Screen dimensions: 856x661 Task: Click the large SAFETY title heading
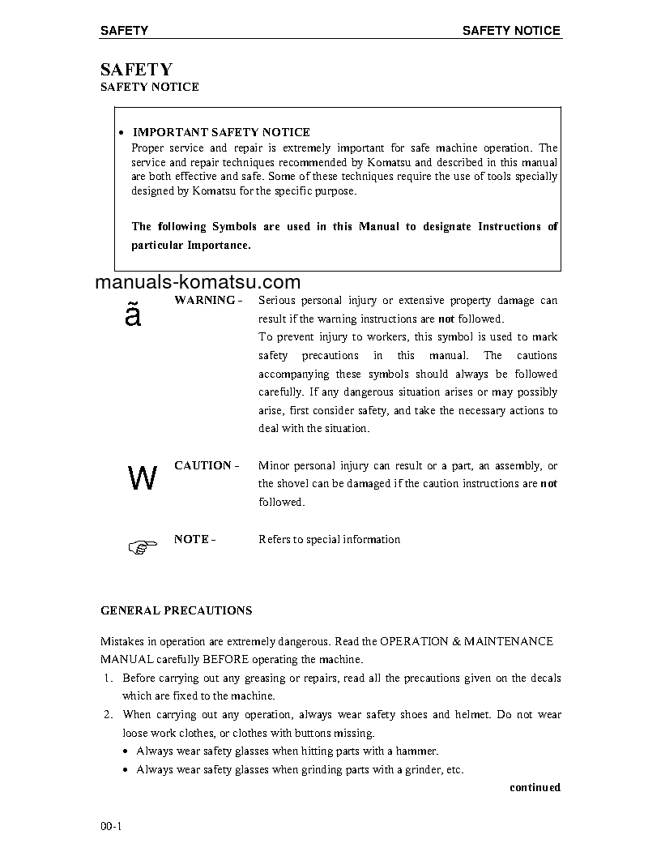[136, 70]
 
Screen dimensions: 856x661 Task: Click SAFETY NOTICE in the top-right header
[511, 31]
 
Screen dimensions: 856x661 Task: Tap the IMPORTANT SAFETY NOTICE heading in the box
[221, 132]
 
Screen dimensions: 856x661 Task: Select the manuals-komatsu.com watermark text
[198, 282]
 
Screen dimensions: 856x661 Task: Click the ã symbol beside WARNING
[133, 315]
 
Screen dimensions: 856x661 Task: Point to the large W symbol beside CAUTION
[143, 480]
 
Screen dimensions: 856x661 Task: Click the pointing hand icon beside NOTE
[142, 547]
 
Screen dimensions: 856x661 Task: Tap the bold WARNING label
[205, 300]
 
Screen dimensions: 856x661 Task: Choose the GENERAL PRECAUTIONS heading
[176, 610]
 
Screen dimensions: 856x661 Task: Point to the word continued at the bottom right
[535, 787]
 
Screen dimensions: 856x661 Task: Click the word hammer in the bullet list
[417, 751]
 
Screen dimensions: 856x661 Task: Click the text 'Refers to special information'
[329, 539]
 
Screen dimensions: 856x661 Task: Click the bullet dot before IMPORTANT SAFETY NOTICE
[121, 133]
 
